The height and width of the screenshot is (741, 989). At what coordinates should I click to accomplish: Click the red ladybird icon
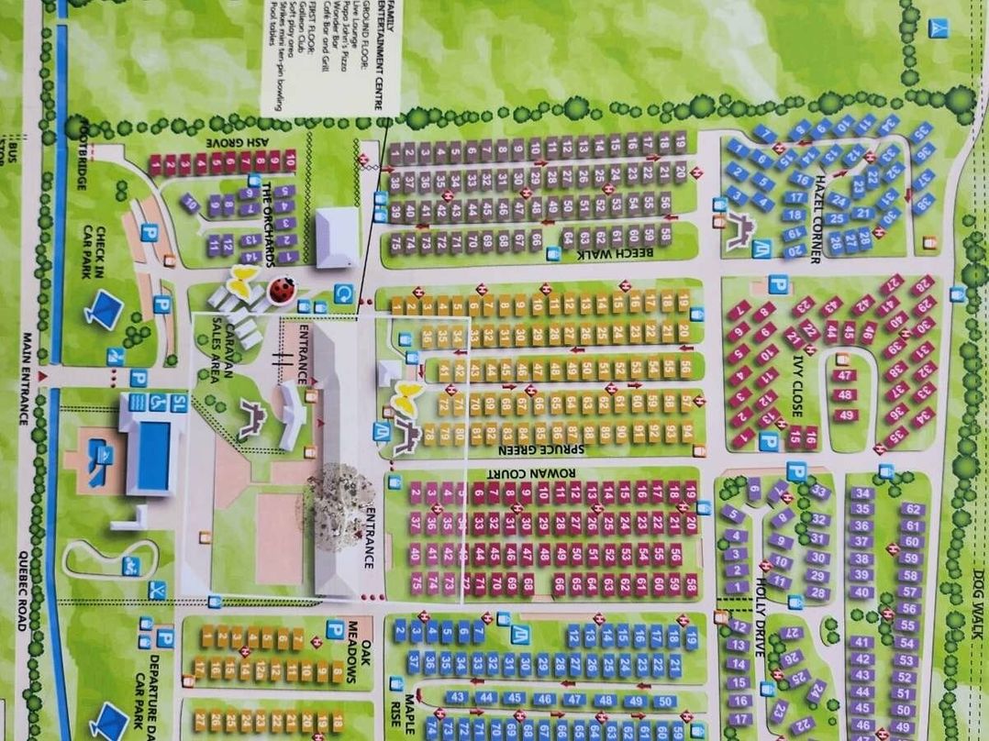point(282,290)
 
